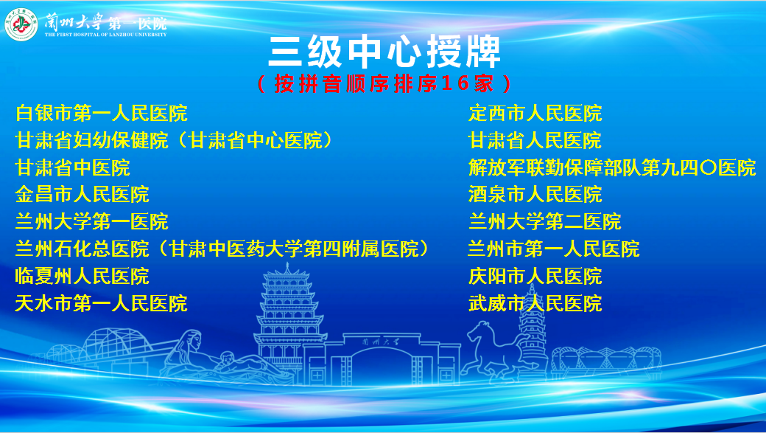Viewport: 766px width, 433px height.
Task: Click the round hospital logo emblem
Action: point(21,24)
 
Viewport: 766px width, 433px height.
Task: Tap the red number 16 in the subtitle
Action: point(455,83)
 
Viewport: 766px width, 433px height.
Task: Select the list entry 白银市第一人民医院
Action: point(101,113)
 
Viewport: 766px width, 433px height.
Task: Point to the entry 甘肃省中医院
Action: point(72,168)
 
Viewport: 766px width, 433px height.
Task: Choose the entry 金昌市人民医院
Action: point(82,195)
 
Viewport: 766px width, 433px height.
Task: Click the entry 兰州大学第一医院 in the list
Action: point(91,221)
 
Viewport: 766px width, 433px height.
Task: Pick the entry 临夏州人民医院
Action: point(82,277)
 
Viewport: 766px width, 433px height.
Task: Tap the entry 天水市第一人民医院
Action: point(101,303)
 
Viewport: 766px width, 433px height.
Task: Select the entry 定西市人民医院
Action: point(535,113)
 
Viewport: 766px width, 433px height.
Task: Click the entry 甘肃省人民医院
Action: point(535,140)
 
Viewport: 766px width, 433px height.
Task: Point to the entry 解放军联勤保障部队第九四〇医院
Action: point(612,168)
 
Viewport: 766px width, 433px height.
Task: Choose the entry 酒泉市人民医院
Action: point(535,195)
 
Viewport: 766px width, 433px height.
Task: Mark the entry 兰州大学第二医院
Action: point(545,221)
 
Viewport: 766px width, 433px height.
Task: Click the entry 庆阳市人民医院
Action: point(535,277)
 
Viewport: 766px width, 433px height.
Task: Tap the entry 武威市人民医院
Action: point(535,303)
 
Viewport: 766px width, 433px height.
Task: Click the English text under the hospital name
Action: point(105,35)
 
